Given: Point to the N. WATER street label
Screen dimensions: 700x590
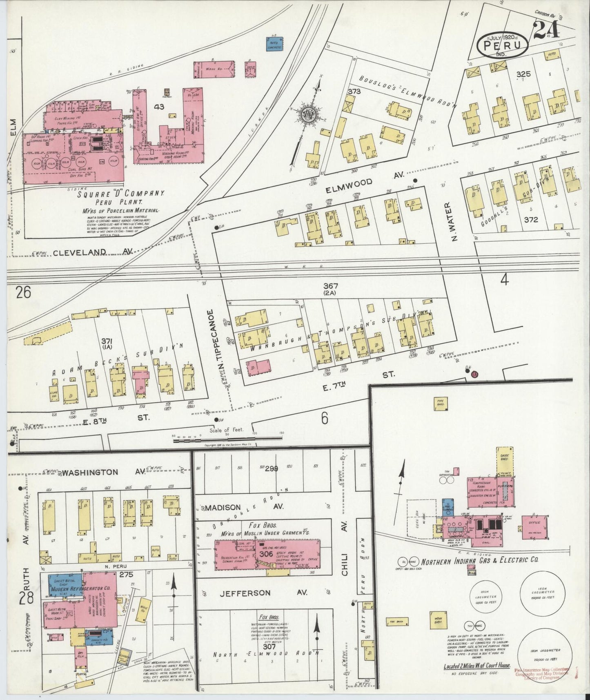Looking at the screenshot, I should pos(452,222).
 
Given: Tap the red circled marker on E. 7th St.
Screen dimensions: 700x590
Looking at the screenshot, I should pos(474,375).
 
